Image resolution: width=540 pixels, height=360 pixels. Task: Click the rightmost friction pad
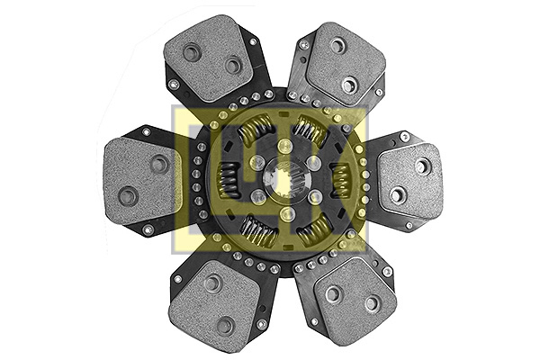click(410, 180)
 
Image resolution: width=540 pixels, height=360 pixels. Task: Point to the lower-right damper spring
click(313, 232)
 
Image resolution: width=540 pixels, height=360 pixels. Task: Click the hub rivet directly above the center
click(285, 147)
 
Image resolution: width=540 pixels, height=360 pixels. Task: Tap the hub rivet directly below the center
click(284, 214)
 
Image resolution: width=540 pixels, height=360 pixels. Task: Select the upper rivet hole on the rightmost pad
click(422, 166)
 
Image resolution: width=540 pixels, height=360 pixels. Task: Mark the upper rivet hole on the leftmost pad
click(159, 164)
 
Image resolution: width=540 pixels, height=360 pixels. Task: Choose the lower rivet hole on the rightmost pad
click(397, 194)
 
